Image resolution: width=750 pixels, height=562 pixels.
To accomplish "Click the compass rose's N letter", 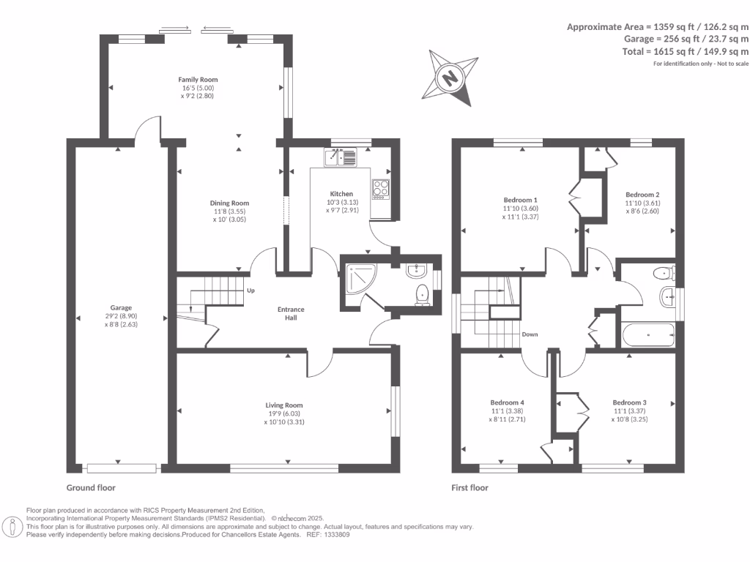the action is pos(450,78).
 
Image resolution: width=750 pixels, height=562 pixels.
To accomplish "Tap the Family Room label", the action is pos(198,80).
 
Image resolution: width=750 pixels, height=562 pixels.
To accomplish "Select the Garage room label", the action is pos(121,308).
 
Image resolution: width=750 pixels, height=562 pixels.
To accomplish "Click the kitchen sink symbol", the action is pos(341,157).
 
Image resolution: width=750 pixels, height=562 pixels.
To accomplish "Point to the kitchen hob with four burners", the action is pos(381,189).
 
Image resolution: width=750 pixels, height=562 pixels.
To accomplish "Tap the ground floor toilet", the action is pos(423,296).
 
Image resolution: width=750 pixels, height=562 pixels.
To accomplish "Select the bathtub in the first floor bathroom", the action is pos(648,335).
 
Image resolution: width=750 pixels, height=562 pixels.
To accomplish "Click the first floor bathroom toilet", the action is pos(664,274).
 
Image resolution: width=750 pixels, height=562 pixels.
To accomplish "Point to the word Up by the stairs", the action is pos(250,291).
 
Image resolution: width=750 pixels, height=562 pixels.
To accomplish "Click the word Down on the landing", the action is pos(530,334).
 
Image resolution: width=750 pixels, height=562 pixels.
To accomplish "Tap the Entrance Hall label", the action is pos(291,313).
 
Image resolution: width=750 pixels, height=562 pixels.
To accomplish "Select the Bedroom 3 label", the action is pos(629,403).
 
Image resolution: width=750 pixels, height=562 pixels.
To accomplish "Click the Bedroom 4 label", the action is pos(507,403).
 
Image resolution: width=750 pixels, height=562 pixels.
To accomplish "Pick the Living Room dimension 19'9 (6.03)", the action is pos(284,414).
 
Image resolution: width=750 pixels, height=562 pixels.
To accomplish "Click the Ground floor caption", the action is pos(91,488).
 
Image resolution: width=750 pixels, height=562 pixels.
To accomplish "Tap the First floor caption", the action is pos(469,488).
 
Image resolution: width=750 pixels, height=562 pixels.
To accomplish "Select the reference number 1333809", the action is pos(337,535).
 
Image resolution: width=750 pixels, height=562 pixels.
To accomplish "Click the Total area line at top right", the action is pos(686,52).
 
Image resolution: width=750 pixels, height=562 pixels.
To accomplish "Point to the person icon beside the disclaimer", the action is pos(12,528).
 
